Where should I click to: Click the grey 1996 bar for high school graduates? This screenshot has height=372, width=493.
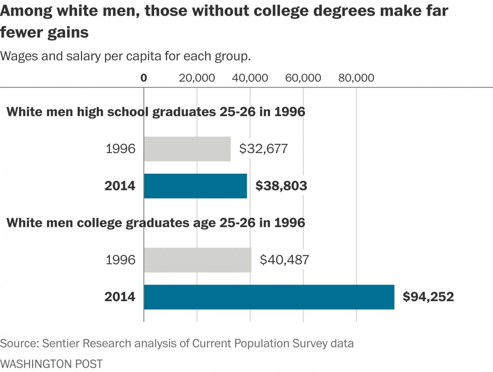[x=187, y=149]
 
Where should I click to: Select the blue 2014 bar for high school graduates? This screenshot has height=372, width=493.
[x=195, y=186]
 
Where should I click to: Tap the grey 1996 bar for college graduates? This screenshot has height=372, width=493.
[x=197, y=260]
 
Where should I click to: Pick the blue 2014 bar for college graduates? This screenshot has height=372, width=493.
[x=269, y=297]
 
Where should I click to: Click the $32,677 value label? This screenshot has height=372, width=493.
[x=263, y=149]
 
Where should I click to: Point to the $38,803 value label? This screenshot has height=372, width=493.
[x=281, y=186]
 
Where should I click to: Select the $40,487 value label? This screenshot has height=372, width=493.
[x=284, y=260]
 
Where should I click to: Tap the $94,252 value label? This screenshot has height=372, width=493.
[x=428, y=297]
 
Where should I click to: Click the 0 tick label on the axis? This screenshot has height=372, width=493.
[x=144, y=78]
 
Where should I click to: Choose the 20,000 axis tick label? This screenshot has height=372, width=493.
[x=197, y=78]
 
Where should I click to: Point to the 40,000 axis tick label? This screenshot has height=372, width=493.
[x=250, y=78]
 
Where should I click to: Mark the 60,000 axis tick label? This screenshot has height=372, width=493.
[x=303, y=78]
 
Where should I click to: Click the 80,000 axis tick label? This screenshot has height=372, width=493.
[x=356, y=78]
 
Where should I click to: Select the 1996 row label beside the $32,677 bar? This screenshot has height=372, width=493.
[x=120, y=149]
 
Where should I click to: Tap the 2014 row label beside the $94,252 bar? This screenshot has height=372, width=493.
[x=120, y=297]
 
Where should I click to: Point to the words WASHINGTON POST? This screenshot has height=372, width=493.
[x=51, y=364]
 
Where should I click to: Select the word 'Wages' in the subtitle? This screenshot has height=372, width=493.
[x=19, y=56]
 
